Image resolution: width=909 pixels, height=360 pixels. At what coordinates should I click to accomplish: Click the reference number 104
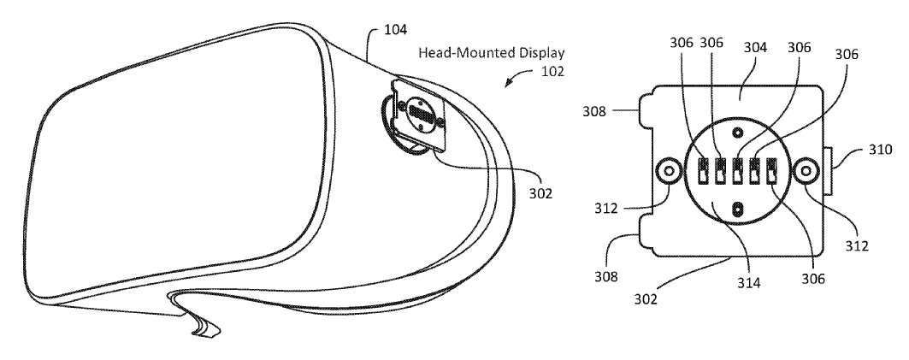coord(396,30)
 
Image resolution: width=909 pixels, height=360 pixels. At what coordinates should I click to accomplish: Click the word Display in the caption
coord(541,53)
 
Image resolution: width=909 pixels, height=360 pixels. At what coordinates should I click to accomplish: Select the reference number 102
coord(552,72)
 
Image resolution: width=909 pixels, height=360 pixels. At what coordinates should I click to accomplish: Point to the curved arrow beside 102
coord(519,76)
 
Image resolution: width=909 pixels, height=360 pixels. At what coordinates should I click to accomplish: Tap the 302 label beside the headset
coord(540,193)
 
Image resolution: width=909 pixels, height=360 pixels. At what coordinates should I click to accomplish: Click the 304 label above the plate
coord(755,48)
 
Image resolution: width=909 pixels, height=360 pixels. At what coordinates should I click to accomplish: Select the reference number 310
coord(881,150)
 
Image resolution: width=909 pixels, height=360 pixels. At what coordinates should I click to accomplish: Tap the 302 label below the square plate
coord(646,298)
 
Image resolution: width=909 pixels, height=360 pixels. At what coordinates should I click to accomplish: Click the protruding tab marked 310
coord(828,171)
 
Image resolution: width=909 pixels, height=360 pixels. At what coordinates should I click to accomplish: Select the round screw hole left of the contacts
coord(669,171)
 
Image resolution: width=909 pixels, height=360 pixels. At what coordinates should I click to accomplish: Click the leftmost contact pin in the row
coord(702,171)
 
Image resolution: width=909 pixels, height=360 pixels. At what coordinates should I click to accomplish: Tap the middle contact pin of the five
coord(737,171)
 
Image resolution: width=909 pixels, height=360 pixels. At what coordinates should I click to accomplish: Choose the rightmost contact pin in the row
coord(772,171)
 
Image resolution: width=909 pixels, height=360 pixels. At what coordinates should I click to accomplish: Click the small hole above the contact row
coord(737,133)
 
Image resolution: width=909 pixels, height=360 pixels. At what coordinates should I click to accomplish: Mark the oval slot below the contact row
coord(737,209)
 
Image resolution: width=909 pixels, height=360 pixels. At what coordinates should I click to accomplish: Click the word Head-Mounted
coord(467,53)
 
